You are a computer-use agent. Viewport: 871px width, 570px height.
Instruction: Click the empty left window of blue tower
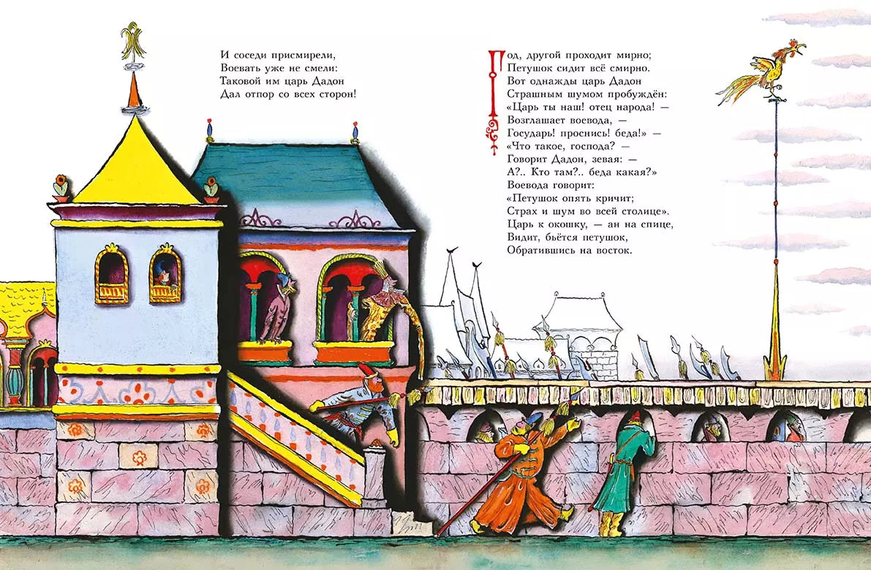tap(112, 275)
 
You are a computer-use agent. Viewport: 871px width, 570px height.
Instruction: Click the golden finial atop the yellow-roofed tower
tap(133, 41)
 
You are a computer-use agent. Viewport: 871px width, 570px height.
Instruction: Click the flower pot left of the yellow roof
tap(61, 189)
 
